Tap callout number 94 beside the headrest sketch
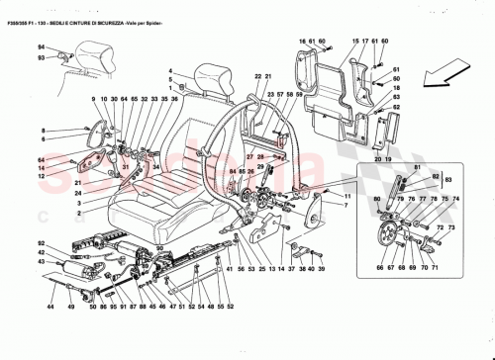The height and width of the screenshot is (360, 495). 42,47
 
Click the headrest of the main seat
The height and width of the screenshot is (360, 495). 215,75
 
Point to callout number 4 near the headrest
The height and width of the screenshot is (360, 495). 170,70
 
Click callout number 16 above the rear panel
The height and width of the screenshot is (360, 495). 300,41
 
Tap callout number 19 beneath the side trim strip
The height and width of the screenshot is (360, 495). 388,158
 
